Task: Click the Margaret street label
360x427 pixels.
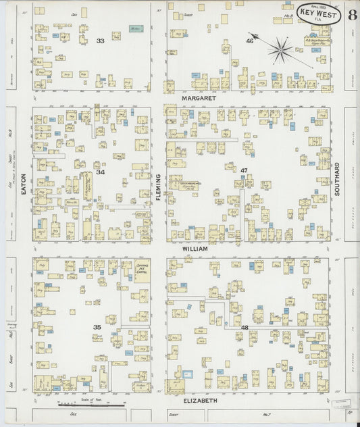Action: (x=199, y=98)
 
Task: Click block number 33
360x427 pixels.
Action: (x=101, y=41)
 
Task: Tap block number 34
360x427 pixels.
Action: (x=101, y=172)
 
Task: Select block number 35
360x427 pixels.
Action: (x=97, y=328)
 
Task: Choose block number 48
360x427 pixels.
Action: (x=244, y=327)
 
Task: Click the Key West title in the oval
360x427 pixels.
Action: (x=317, y=14)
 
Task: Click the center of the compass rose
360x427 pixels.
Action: (x=280, y=49)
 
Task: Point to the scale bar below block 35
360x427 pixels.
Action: (x=101, y=404)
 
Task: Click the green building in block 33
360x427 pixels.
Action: (x=135, y=29)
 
